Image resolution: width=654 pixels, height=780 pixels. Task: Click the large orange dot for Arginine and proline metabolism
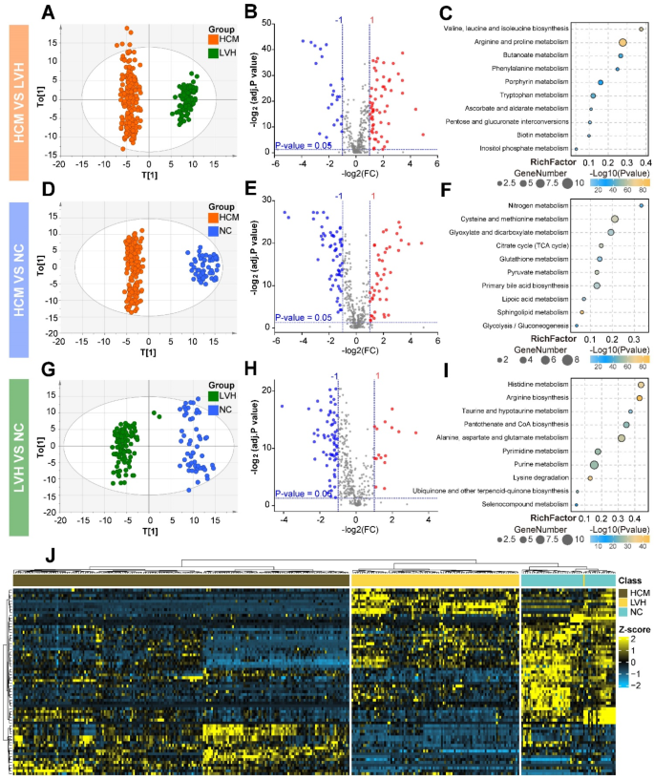(x=622, y=42)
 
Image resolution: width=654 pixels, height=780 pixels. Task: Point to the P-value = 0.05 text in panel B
(x=304, y=145)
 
